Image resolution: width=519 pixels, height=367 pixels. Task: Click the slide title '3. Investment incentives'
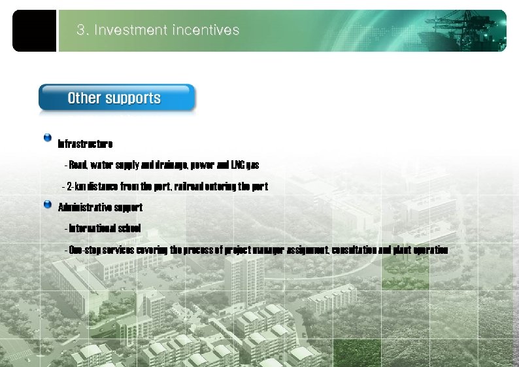[x=158, y=30]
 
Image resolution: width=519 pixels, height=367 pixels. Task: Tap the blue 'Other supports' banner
[x=116, y=98]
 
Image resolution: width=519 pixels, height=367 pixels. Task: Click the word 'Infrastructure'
[x=86, y=144]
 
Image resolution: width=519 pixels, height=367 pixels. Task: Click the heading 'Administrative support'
[x=100, y=207]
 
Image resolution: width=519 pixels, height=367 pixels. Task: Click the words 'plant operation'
[x=422, y=250]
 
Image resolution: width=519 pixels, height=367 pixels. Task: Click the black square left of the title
[x=34, y=31]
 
